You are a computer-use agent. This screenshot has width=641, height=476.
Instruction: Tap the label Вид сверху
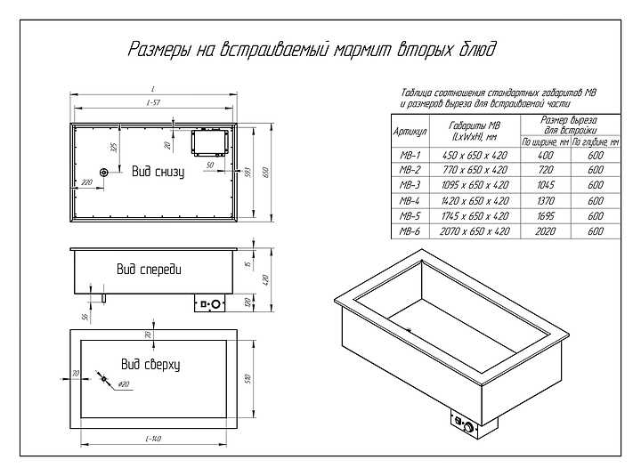click(150, 364)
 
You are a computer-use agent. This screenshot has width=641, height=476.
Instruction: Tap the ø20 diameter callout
click(124, 384)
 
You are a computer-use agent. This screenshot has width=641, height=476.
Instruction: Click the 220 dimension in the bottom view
click(86, 182)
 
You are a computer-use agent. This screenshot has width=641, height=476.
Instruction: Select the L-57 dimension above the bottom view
click(153, 104)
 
